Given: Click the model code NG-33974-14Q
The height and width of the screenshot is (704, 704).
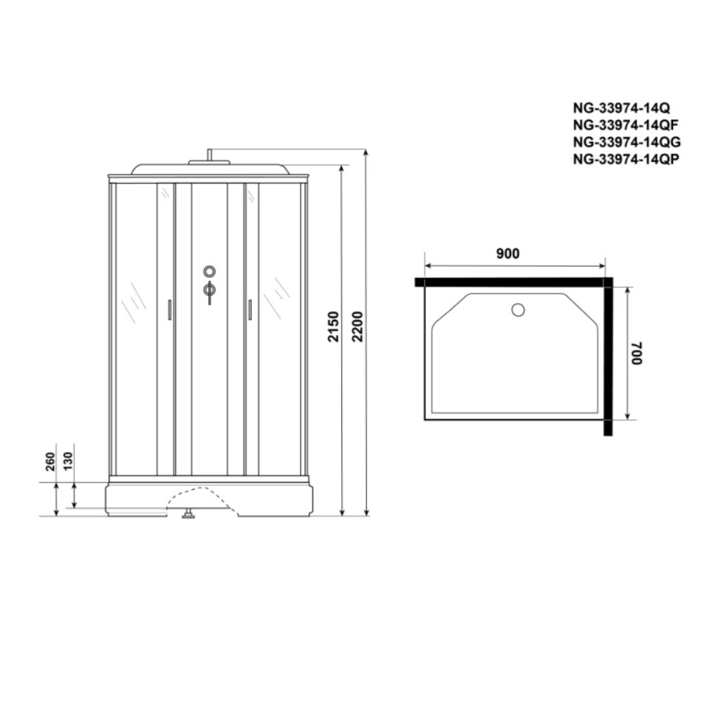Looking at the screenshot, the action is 621,108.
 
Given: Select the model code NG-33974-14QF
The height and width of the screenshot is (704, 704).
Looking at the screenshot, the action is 625,125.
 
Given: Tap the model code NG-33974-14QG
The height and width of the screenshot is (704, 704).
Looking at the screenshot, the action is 627,142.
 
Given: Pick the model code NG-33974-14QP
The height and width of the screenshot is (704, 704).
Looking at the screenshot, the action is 626,159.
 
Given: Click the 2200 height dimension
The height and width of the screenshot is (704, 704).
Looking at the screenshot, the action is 358,327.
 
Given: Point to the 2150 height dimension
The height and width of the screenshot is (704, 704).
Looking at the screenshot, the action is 333,327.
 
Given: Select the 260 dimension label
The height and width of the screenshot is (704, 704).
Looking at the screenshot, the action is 50,462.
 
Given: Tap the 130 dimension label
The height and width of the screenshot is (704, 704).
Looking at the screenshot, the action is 68,462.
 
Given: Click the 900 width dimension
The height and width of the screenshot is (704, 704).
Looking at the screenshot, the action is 508,253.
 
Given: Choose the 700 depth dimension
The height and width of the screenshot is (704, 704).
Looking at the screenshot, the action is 637,353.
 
